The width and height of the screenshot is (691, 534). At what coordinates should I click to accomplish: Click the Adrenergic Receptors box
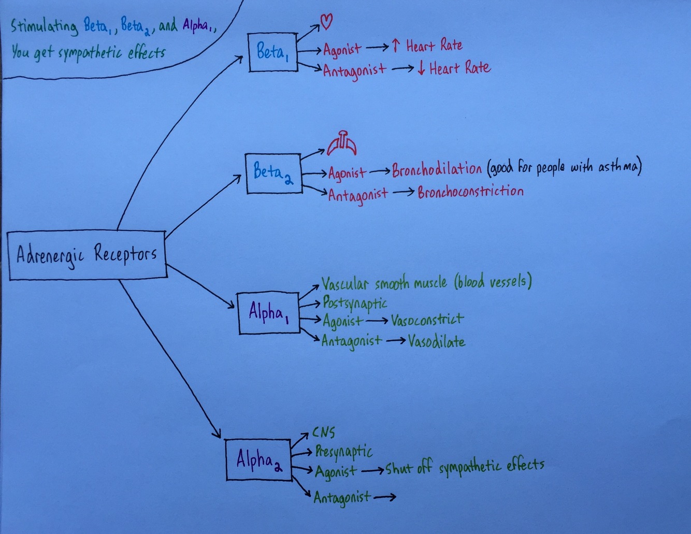point(87,255)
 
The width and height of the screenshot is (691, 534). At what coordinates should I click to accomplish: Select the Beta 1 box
point(272,52)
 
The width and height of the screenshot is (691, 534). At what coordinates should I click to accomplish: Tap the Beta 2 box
point(273,173)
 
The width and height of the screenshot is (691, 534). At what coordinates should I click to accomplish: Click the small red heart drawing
point(326,21)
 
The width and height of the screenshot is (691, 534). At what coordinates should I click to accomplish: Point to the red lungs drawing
point(342,144)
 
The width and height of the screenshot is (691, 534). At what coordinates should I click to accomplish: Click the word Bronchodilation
point(437,169)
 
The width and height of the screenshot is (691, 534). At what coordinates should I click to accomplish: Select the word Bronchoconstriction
point(470,192)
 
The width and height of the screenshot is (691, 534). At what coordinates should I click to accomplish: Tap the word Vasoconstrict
point(427,320)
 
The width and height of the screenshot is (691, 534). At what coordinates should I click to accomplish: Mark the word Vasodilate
point(436,342)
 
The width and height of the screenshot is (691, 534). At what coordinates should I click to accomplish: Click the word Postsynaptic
point(355,302)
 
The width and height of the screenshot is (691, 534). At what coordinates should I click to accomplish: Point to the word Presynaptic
point(344,452)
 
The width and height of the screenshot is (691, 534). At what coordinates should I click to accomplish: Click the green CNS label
point(324,432)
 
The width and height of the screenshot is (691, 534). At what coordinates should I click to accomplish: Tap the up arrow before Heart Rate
point(396,46)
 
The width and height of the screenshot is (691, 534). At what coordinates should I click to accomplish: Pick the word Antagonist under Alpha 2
point(342,498)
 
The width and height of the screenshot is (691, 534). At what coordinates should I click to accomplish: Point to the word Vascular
point(345,284)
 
